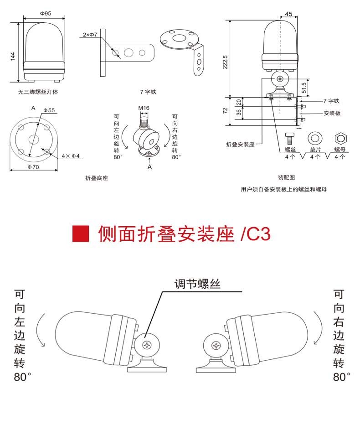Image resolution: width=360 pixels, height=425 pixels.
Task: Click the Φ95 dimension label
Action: point(45,13)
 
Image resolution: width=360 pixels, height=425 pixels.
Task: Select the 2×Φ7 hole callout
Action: point(90,35)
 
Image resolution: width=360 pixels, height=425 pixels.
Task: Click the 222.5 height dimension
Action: point(225,62)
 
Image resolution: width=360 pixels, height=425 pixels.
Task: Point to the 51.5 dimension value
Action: point(304,88)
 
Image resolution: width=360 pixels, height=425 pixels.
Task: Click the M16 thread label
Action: point(144,108)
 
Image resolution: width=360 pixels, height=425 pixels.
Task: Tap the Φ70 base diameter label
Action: point(33,167)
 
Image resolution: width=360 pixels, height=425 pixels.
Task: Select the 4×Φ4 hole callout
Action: point(71,156)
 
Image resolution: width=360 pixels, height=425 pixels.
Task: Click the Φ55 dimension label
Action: point(49,110)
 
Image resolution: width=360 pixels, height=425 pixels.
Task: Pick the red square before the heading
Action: point(81,233)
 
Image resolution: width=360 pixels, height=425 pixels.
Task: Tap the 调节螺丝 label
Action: point(197,284)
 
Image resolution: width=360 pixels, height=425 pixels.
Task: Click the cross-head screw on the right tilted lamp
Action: point(216,346)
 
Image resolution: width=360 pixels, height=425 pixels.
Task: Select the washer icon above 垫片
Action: point(315,138)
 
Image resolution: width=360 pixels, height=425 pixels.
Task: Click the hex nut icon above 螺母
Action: point(340,139)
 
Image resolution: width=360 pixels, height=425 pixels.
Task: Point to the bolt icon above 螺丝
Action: point(289,139)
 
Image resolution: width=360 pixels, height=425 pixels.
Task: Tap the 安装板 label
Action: point(332,113)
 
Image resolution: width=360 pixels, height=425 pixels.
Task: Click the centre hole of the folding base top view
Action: point(34,140)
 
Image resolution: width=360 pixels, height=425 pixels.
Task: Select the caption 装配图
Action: point(286,177)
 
